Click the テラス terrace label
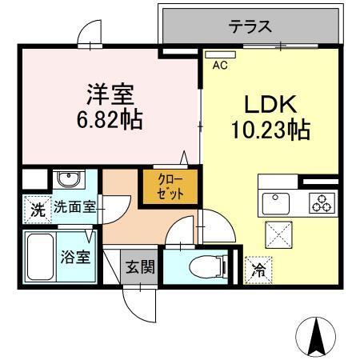(x=250, y=26)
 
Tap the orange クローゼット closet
(x=170, y=187)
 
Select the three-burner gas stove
(x=322, y=202)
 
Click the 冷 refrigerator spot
(x=258, y=270)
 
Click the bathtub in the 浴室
(x=38, y=255)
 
